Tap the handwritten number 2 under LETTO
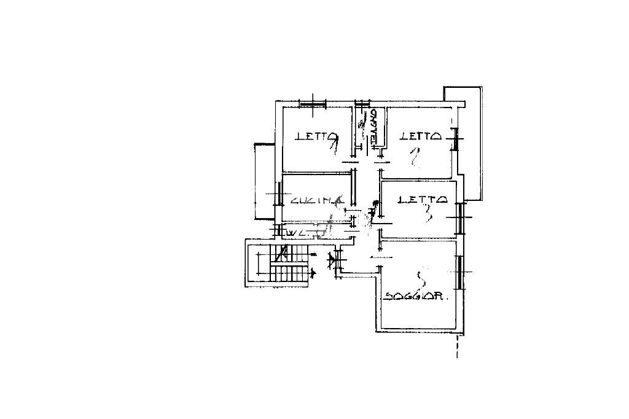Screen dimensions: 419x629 415,159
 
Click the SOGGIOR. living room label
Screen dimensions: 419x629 416,296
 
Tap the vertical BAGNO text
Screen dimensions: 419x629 373,128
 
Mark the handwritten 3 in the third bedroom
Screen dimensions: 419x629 428,213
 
